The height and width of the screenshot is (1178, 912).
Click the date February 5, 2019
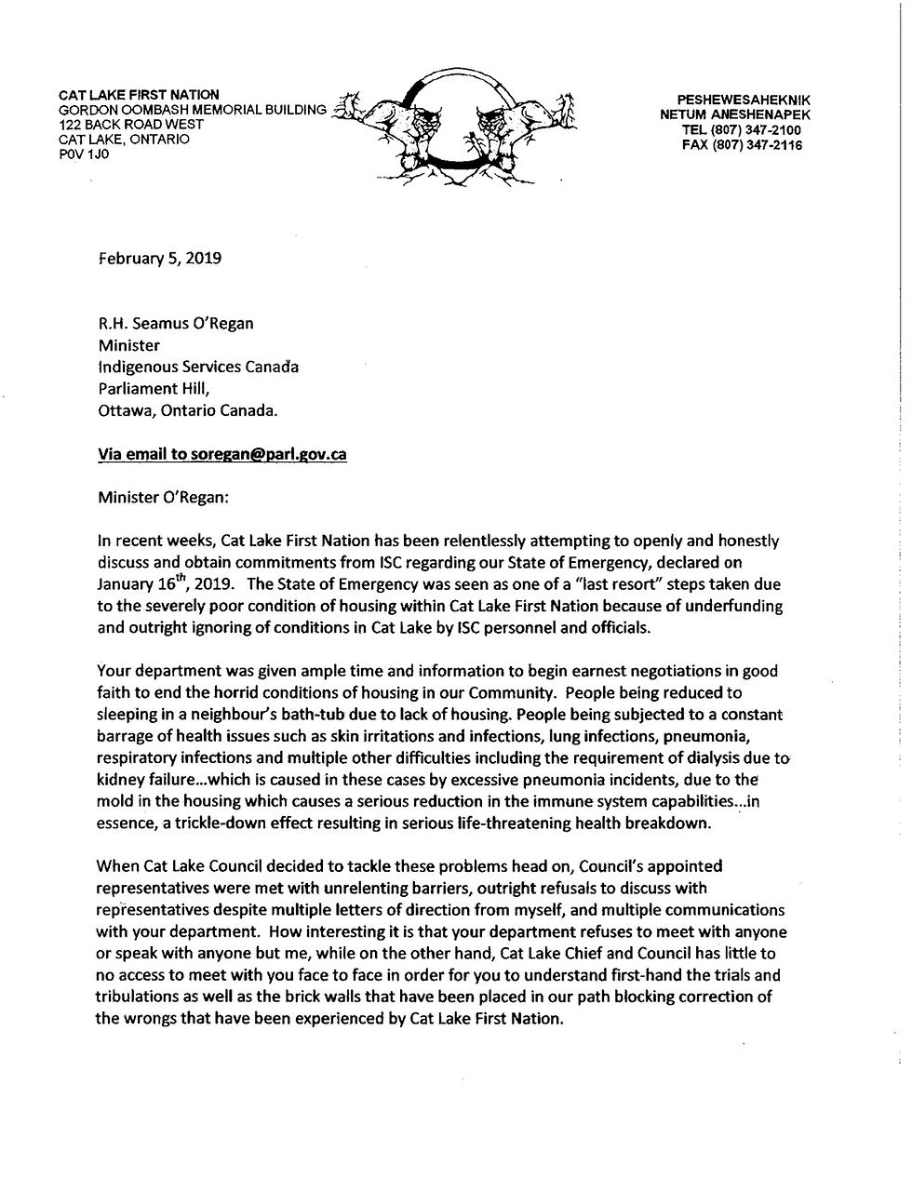(159, 258)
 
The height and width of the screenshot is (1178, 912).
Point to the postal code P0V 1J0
(84, 154)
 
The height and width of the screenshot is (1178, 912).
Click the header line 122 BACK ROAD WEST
(131, 124)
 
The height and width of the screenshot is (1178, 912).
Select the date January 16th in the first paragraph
(141, 583)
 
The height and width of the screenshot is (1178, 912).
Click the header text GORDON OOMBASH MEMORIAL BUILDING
(193, 109)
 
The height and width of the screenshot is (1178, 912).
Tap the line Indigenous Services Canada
(198, 366)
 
